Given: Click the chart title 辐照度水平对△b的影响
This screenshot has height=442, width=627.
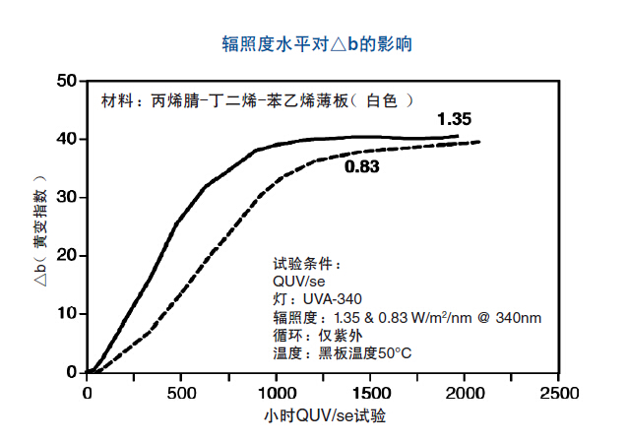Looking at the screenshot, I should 317,44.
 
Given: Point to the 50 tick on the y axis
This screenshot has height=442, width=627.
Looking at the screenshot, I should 67,81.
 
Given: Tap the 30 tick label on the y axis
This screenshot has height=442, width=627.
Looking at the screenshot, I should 67,197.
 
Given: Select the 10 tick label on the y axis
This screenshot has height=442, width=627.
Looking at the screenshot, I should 67,313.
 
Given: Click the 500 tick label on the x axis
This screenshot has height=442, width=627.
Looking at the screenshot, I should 181,392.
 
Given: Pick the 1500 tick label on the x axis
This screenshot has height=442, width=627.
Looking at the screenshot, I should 370,392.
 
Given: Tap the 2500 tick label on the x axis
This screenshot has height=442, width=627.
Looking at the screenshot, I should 558,392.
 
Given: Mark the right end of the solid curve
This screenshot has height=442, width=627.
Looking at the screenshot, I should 458,136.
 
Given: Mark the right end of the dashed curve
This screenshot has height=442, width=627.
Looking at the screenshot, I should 479,142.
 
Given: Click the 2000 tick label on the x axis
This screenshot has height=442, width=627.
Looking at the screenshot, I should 465,392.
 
